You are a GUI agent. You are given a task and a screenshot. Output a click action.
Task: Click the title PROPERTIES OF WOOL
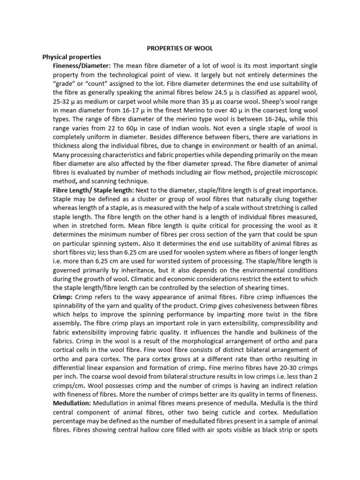[x=180, y=48]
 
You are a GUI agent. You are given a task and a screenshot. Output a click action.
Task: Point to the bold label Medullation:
[x=72, y=403]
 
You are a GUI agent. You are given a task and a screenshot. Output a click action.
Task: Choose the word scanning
[x=112, y=181]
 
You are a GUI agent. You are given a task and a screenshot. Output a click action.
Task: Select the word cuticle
[x=255, y=412]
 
